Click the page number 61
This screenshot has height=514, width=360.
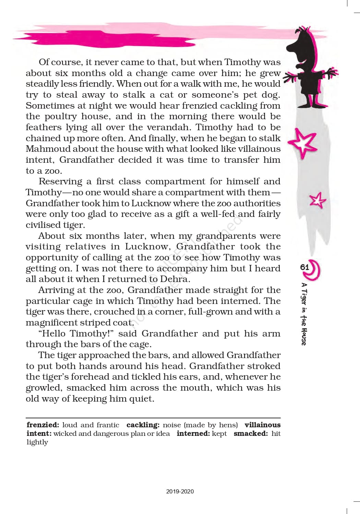[x=304, y=267]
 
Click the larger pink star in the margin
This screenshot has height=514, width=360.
[x=302, y=143]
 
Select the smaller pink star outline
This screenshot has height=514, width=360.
[x=317, y=200]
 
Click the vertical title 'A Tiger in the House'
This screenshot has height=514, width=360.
[x=304, y=314]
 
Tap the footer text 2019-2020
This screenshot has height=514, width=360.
[x=180, y=491]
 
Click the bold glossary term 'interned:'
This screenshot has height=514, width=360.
[x=193, y=433]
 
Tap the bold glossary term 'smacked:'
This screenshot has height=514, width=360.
[x=251, y=433]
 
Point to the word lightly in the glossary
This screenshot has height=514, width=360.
[x=37, y=442]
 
